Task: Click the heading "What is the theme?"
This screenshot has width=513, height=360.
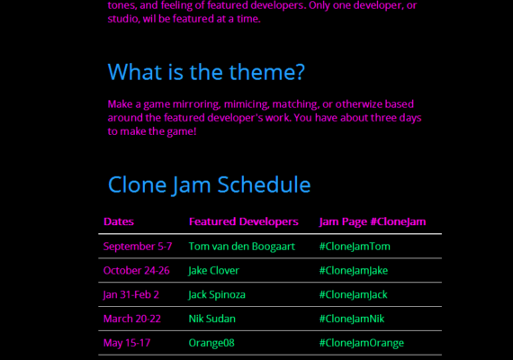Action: [x=206, y=72]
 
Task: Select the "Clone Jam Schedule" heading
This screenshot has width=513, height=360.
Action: [x=209, y=184]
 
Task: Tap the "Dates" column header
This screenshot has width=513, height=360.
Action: [x=119, y=221]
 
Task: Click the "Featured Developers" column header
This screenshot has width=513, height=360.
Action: [x=244, y=221]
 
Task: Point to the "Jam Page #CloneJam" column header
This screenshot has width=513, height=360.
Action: [x=373, y=222]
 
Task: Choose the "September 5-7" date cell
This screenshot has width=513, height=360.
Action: [x=138, y=247]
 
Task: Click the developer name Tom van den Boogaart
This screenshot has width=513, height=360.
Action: [x=242, y=247]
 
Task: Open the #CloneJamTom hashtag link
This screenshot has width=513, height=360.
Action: [x=355, y=247]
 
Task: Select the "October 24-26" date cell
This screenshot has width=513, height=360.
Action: [x=137, y=271]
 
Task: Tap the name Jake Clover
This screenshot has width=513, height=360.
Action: [x=213, y=271]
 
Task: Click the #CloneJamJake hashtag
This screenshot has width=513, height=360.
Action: [x=354, y=271]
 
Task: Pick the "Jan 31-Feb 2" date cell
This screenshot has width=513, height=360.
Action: [x=130, y=295]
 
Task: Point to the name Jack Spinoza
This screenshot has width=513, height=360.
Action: [x=217, y=295]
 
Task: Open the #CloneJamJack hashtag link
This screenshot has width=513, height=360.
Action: [x=353, y=295]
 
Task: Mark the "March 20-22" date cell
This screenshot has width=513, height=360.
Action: [x=132, y=319]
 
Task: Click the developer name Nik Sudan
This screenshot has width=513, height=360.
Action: [x=212, y=319]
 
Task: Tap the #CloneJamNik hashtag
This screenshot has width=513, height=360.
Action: [x=352, y=319]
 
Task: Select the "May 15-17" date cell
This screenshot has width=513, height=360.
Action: [x=127, y=343]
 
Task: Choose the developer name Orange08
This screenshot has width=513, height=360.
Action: [x=211, y=343]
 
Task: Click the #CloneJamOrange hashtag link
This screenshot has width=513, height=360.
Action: [x=362, y=343]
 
